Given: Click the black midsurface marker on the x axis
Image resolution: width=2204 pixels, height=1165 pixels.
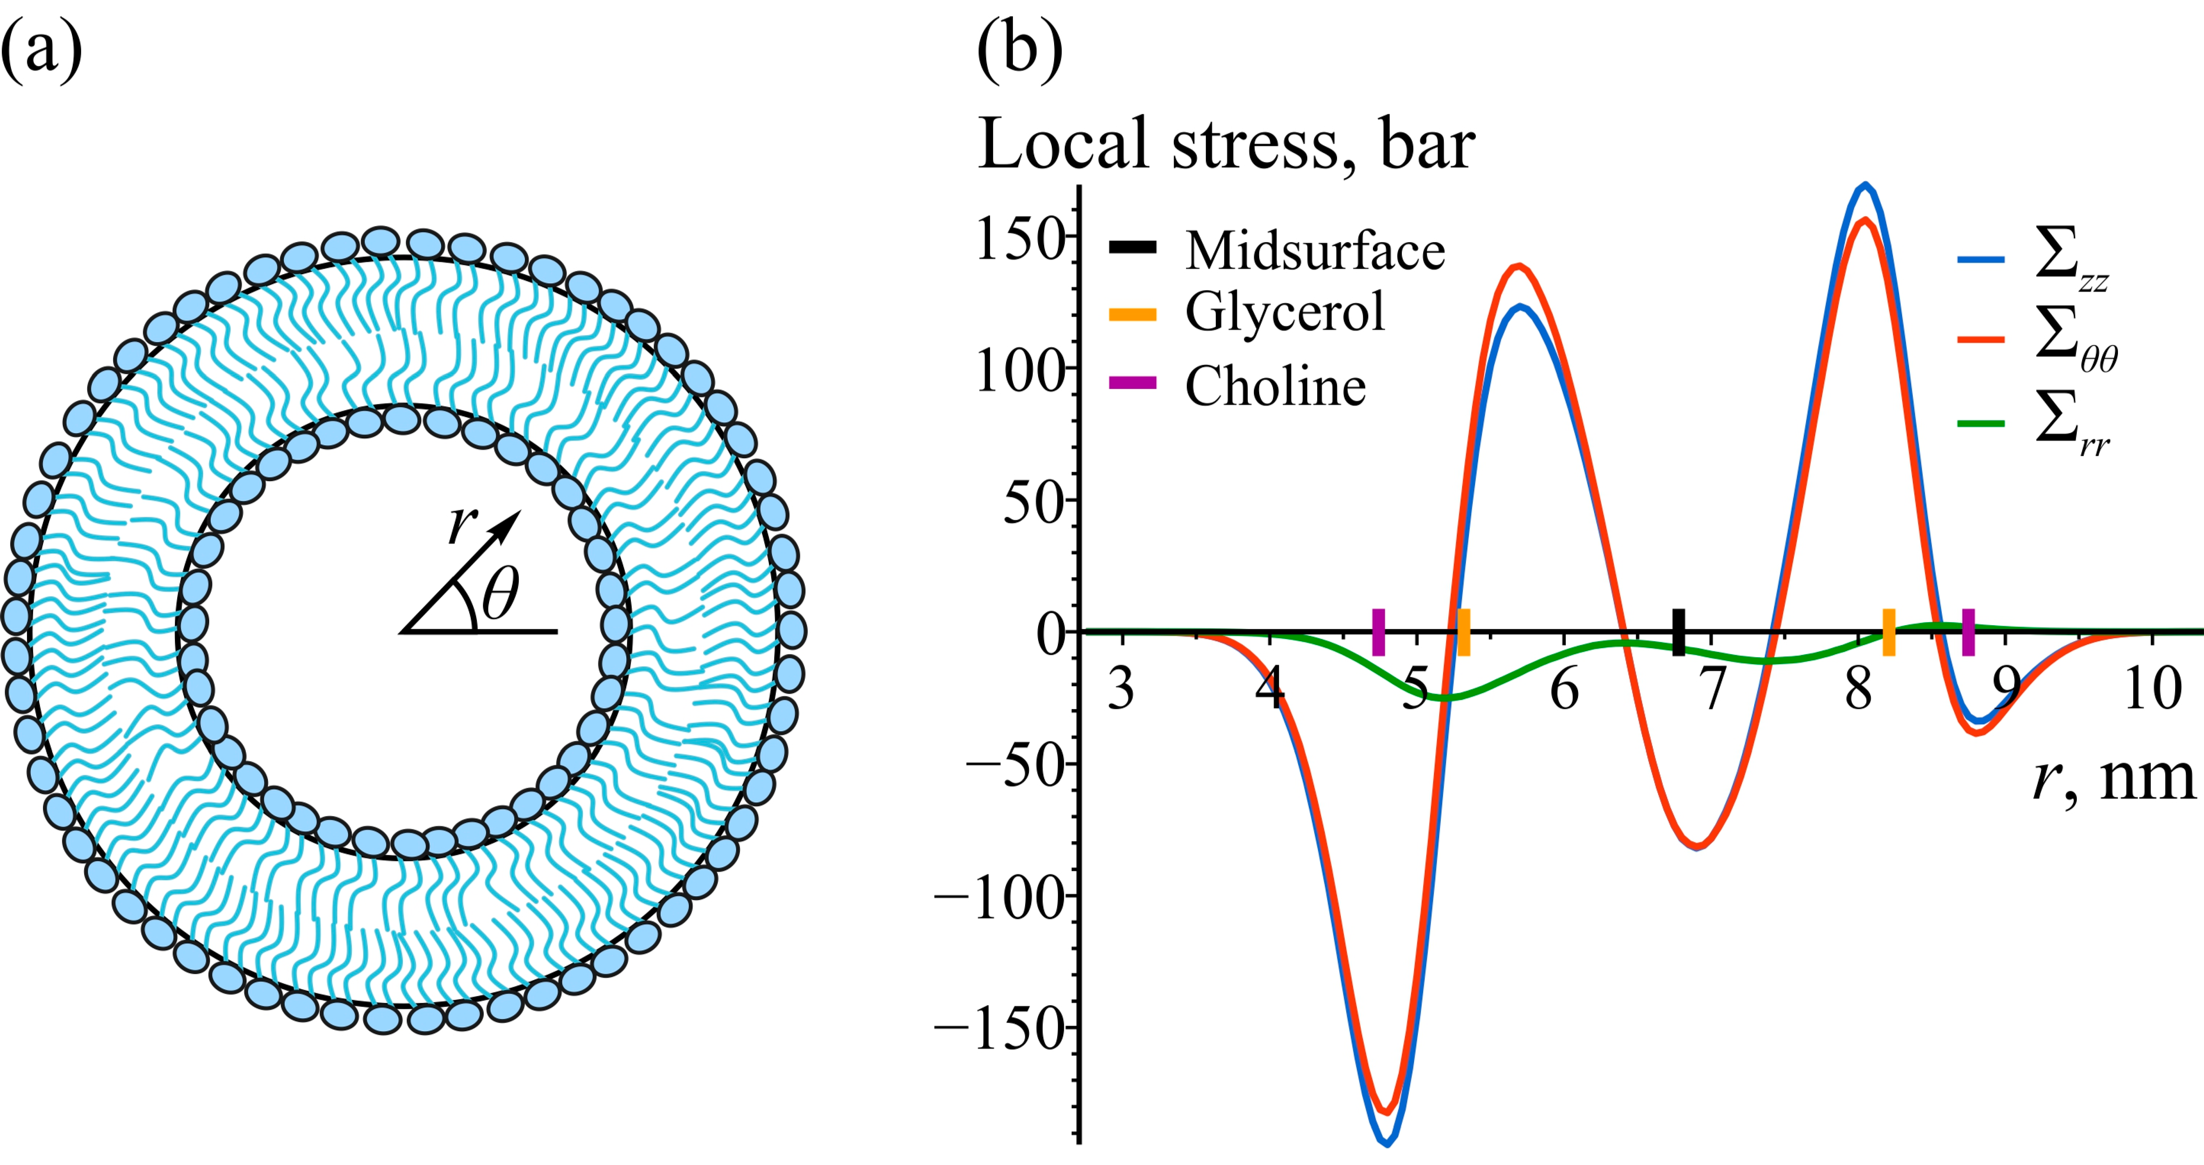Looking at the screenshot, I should pos(1679,632).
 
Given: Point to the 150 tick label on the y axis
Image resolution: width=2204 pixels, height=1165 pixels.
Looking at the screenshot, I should pos(1020,240).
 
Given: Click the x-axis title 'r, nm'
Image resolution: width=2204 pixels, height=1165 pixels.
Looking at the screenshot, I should pos(2113,778).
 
